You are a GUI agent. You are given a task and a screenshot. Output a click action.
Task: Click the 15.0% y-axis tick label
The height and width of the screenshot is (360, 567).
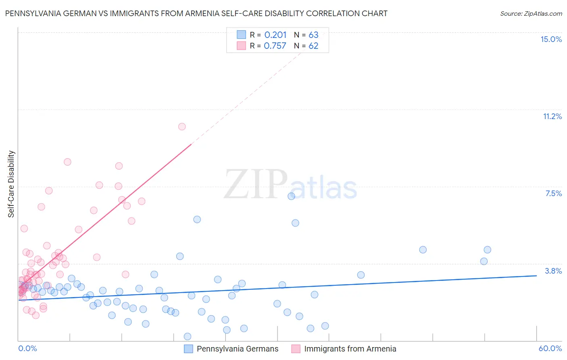pyautogui.click(x=551, y=39)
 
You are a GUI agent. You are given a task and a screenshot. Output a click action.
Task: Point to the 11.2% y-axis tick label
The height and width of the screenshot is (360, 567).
pyautogui.click(x=552, y=116)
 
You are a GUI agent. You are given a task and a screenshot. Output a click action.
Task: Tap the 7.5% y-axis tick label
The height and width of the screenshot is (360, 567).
pyautogui.click(x=553, y=193)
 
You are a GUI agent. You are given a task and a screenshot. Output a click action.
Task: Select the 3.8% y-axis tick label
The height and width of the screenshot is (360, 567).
pyautogui.click(x=553, y=271)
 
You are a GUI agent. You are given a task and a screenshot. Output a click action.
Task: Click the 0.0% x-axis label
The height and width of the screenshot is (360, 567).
pyautogui.click(x=27, y=348)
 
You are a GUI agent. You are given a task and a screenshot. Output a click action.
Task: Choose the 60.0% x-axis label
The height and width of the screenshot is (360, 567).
pyautogui.click(x=550, y=348)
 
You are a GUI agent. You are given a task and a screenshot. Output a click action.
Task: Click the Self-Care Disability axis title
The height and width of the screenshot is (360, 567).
pyautogui.click(x=11, y=184)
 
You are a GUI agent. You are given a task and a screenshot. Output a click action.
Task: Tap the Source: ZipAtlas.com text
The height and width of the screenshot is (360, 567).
pyautogui.click(x=531, y=13)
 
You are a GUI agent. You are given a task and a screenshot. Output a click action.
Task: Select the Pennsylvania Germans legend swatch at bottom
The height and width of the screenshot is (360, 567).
pyautogui.click(x=188, y=349)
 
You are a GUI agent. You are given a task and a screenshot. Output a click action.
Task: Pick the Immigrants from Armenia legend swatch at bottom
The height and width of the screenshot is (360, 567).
pyautogui.click(x=296, y=349)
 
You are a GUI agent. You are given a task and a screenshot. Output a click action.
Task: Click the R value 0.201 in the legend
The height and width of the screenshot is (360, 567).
pyautogui.click(x=275, y=35)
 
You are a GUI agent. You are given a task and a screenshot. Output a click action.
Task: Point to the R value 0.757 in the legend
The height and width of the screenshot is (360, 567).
pyautogui.click(x=275, y=46)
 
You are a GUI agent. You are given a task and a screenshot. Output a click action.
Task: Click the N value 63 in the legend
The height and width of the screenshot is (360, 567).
pyautogui.click(x=313, y=35)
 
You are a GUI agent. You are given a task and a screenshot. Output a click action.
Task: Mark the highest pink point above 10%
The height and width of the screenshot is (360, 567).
pyautogui.click(x=182, y=126)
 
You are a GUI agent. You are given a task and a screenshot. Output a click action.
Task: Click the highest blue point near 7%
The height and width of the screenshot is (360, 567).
pyautogui.click(x=291, y=196)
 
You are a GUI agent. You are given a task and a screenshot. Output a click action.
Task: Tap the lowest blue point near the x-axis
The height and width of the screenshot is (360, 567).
pyautogui.click(x=187, y=336)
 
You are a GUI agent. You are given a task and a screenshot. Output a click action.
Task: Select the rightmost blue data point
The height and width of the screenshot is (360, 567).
pyautogui.click(x=487, y=250)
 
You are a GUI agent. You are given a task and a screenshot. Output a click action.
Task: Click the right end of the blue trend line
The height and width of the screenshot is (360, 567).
pyautogui.click(x=536, y=276)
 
